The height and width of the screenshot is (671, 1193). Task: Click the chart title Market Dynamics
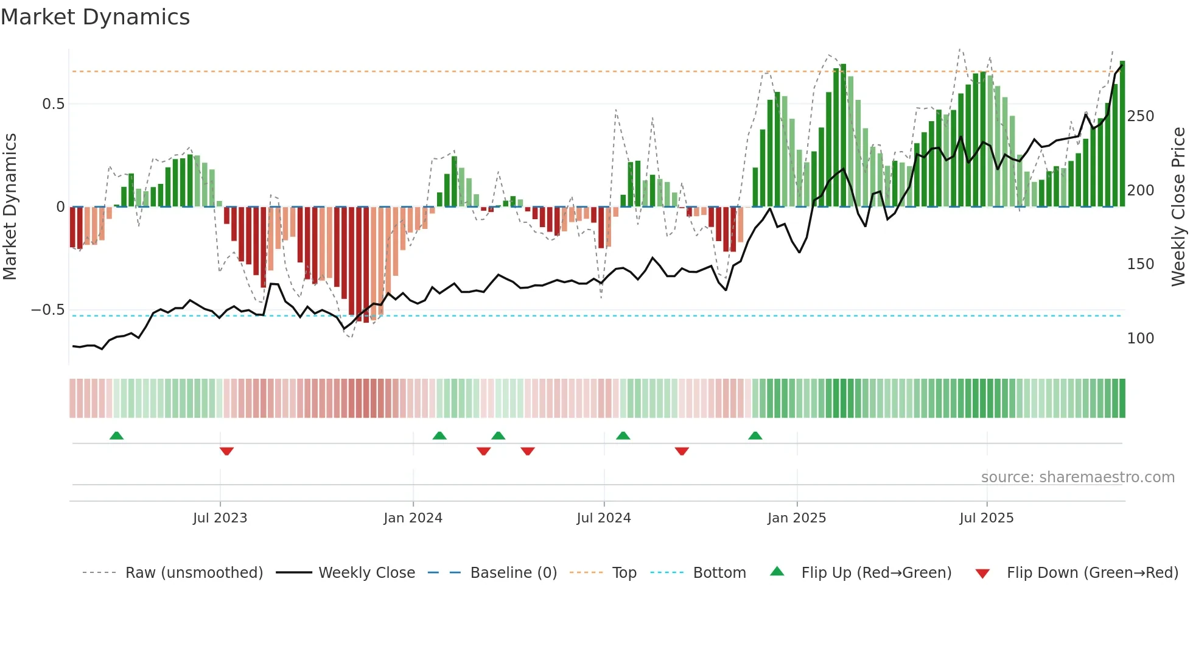point(95,17)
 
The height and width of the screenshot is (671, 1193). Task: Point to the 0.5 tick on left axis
point(53,104)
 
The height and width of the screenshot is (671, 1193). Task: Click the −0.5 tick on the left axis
point(48,310)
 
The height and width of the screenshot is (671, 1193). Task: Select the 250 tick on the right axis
point(1140,116)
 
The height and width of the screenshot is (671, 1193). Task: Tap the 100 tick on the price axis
point(1140,339)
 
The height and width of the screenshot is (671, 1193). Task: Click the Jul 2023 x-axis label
point(220,518)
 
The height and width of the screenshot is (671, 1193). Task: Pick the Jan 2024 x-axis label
point(413,518)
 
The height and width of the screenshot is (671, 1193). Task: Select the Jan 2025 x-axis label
point(796,518)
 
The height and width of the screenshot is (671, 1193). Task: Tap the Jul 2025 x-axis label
point(986,518)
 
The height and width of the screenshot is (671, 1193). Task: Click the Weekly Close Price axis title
point(1178,207)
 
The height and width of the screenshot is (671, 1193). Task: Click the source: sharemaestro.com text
point(1077,477)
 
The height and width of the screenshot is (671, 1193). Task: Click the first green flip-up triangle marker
point(116,435)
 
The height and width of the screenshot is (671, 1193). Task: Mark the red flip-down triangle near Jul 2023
point(226,451)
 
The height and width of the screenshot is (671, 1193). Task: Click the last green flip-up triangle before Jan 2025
point(755,435)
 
